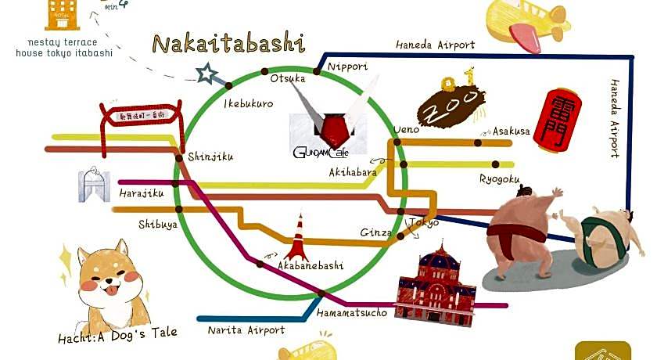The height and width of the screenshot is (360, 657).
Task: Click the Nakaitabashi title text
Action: pyautogui.click(x=228, y=44)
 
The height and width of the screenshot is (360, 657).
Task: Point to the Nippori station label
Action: pyautogui.click(x=347, y=67)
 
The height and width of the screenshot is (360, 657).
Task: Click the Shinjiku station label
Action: pyautogui.click(x=210, y=157)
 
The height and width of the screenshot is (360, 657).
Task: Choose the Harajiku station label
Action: pyautogui.click(x=142, y=192)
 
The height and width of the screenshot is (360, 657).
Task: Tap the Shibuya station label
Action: pyautogui.click(x=158, y=224)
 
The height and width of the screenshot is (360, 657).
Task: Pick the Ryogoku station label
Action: pyautogui.click(x=499, y=179)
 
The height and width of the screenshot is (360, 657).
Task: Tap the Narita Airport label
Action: pyautogui.click(x=246, y=330)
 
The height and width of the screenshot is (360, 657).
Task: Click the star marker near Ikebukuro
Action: pyautogui.click(x=207, y=74)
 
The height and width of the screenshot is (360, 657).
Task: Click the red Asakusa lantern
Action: pyautogui.click(x=556, y=119)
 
